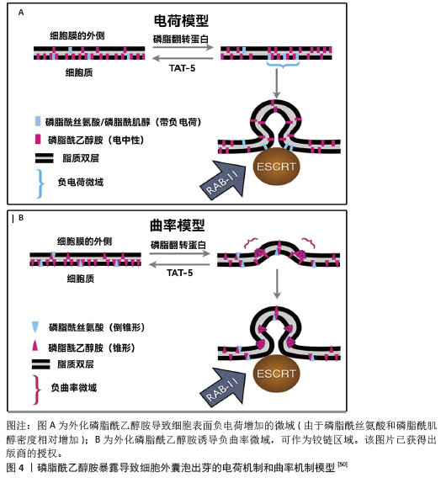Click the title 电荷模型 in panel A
coord(181,21)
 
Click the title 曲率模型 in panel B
coord(178,226)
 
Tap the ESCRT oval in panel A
coord(276,167)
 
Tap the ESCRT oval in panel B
coord(276,374)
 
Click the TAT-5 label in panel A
coord(182,68)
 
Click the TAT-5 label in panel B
coord(179,273)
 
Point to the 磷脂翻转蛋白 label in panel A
coord(181,40)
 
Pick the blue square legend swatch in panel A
coord(38,121)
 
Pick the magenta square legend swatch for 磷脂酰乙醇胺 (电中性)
coord(38,139)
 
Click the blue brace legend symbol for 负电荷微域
coord(40,184)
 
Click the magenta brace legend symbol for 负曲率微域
coord(37,390)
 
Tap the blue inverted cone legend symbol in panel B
coord(35,326)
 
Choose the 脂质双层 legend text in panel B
coord(76,364)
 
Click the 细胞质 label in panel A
coord(79,72)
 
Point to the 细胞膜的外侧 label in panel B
coord(84,241)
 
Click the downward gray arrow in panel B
coord(277,284)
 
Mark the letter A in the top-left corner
coord(21,13)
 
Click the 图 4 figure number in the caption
coord(15,468)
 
